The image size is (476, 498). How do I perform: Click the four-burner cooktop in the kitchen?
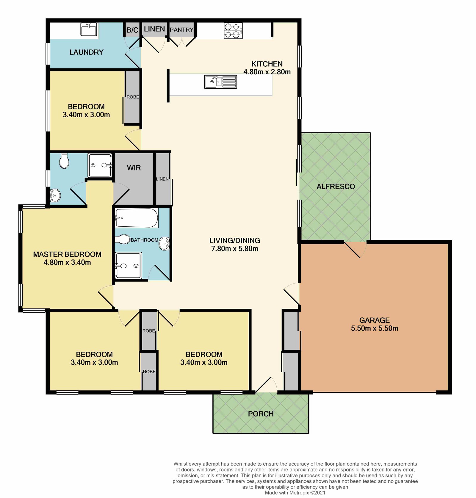pos(233,31)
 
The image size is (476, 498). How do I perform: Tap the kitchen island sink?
pos(220,82)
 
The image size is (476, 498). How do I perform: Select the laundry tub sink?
pos(89,29)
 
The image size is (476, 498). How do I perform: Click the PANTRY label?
pos(181,30)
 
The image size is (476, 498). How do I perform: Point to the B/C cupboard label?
pos(132,30)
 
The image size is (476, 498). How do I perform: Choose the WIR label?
pos(134,168)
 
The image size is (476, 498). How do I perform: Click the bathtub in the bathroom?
pos(137,218)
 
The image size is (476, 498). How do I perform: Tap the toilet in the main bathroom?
pos(123,239)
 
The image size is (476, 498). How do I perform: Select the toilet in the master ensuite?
pos(64,161)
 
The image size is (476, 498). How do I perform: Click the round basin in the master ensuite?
pos(55,195)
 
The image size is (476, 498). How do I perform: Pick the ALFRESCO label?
pos(336,187)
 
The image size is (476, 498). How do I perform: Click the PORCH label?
pos(261,414)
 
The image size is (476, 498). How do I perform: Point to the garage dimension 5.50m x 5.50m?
pos(375,328)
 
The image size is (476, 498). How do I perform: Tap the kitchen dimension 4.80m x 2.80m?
pos(267,72)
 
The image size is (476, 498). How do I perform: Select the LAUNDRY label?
pos(86,52)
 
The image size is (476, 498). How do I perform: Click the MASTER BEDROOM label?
pos(67,254)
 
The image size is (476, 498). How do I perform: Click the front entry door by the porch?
pos(266,385)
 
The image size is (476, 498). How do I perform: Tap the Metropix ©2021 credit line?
pos(295,493)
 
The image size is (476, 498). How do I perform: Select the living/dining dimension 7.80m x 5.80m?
pos(235,249)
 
